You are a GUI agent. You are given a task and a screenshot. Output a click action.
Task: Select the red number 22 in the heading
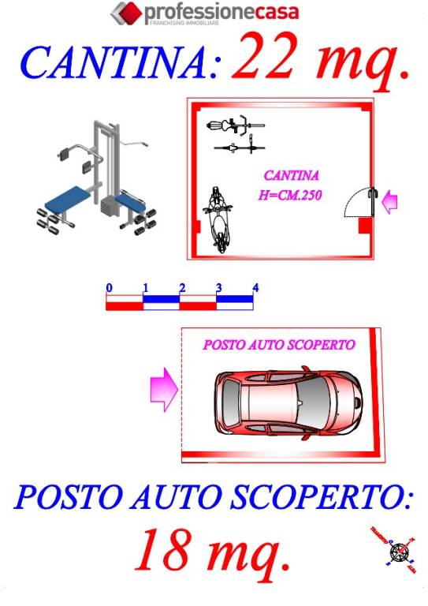pos(268,58)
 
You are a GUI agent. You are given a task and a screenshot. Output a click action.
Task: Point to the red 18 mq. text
pos(212,551)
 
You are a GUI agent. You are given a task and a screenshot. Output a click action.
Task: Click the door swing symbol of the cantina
pos(359,202)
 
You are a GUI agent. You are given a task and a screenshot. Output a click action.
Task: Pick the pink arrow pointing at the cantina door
pos(389,203)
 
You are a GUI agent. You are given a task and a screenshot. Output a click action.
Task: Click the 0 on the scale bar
pos(109,287)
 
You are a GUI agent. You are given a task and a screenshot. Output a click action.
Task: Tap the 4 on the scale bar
pos(255,287)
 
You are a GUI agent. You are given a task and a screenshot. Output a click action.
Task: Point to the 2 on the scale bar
pos(182,287)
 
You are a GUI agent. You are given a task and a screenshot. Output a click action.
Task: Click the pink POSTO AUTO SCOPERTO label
pos(279,345)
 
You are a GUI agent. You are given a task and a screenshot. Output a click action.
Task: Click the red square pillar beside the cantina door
pos(365,226)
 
